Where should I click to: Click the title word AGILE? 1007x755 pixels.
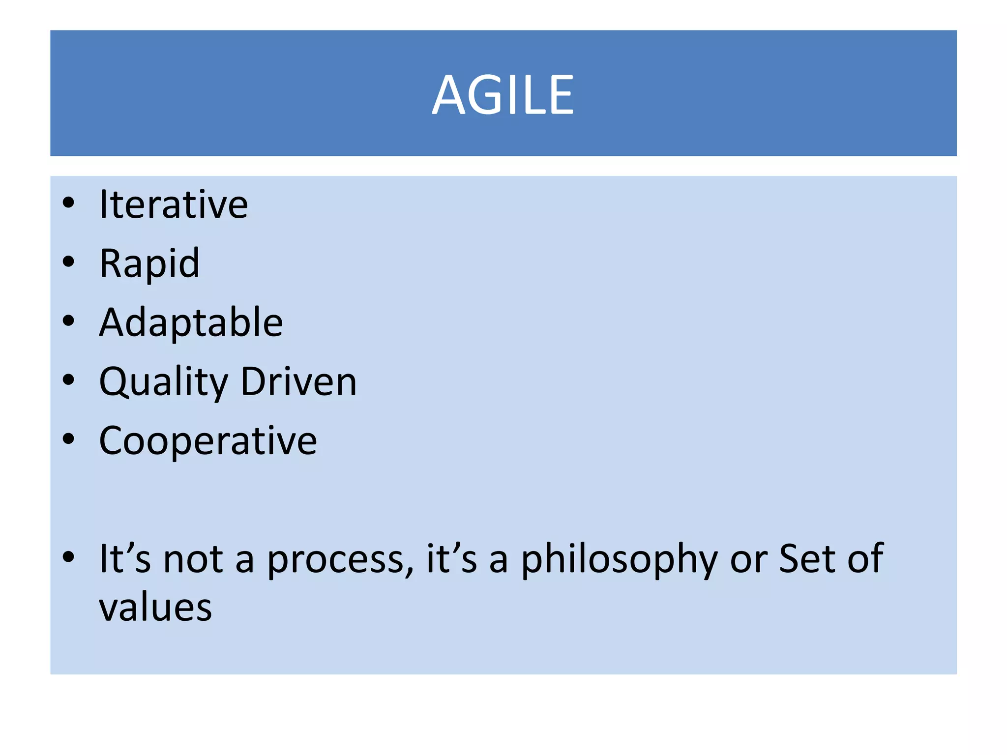[x=503, y=95]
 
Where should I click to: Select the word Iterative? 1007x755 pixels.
[x=174, y=204]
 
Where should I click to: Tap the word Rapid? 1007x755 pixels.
[x=149, y=263]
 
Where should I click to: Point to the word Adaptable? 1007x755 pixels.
[x=191, y=322]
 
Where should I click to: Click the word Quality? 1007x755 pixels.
[x=164, y=382]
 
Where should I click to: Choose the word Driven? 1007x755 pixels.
[x=298, y=382]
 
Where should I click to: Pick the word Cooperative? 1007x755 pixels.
[x=208, y=441]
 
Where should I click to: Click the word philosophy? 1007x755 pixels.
[x=619, y=559]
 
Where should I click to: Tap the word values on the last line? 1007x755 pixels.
[x=155, y=608]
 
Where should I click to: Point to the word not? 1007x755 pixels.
[x=193, y=559]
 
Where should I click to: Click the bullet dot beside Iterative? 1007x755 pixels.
[x=68, y=203]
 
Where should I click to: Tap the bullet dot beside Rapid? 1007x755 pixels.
[x=68, y=261]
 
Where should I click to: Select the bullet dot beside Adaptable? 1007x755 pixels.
[x=68, y=320]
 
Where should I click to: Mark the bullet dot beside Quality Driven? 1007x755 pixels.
[x=68, y=379]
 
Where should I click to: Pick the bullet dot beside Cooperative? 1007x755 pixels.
[x=68, y=439]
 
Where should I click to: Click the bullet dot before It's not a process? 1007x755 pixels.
[x=68, y=557]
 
